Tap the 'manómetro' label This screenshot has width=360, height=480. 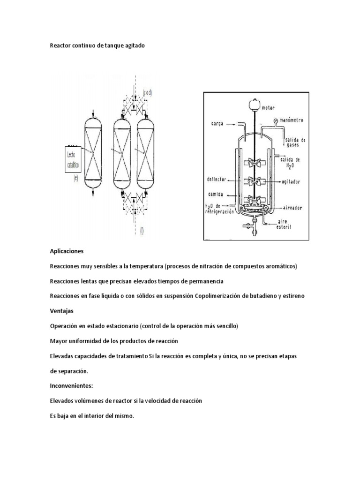click(x=292, y=120)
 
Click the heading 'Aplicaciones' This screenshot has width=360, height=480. click(x=66, y=251)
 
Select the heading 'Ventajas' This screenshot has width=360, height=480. click(x=61, y=311)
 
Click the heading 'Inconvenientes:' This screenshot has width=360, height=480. click(x=72, y=385)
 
